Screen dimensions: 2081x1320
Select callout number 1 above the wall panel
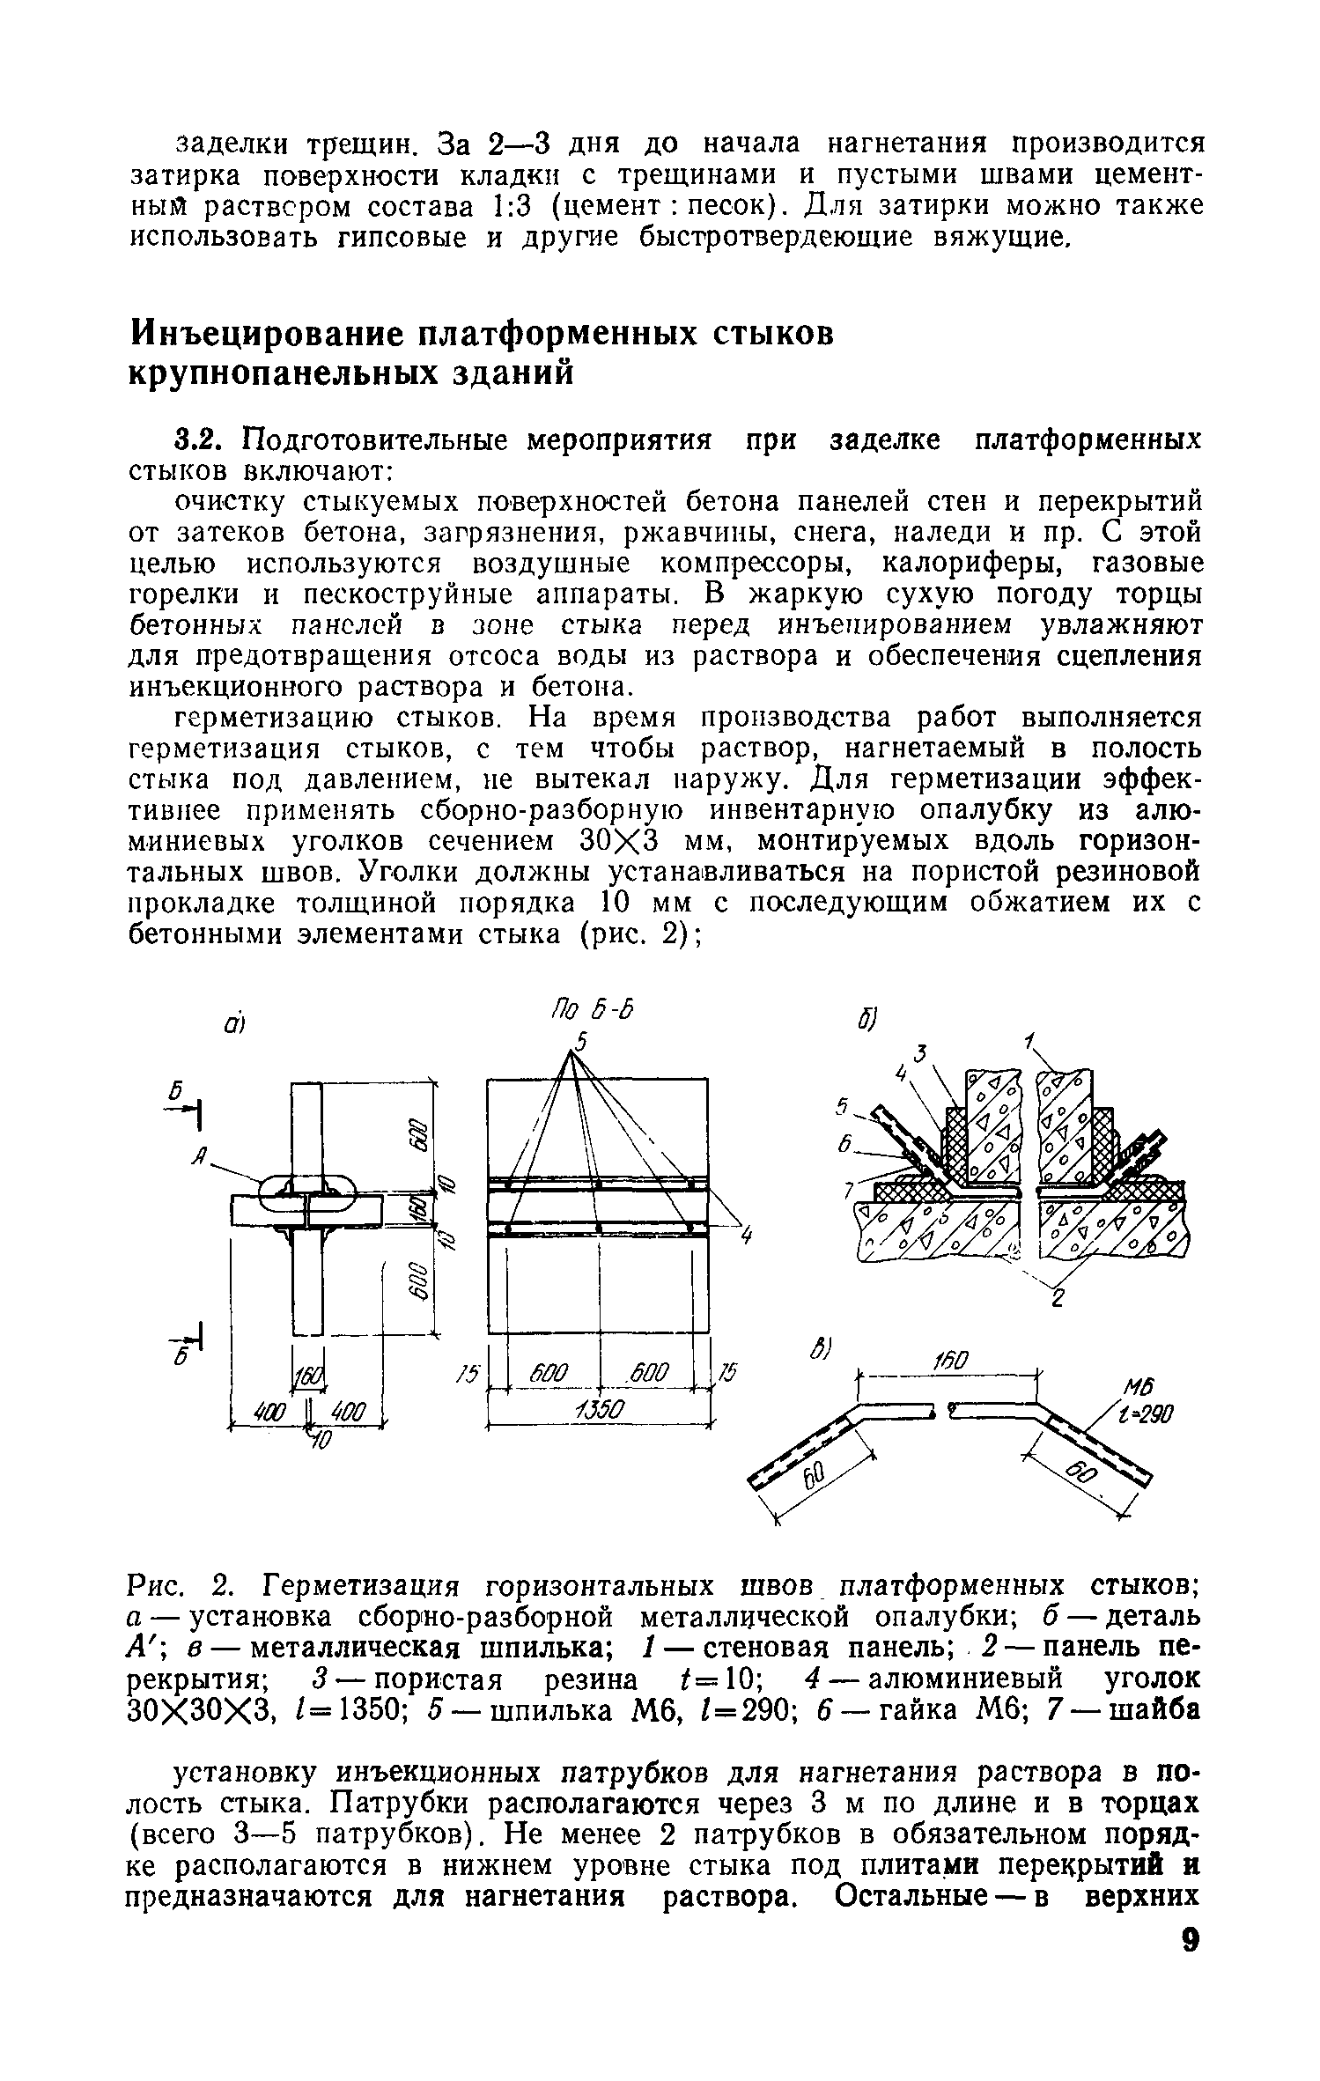[1030, 1042]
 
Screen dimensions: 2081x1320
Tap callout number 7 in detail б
[850, 1191]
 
